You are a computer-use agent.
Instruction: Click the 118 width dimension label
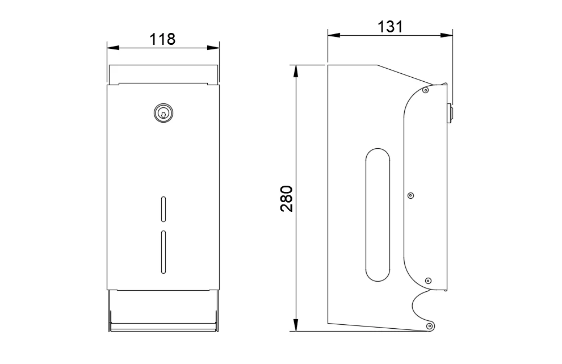click(162, 39)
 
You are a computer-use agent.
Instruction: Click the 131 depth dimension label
click(390, 27)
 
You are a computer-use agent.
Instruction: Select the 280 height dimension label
click(287, 199)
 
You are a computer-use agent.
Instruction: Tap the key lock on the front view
click(163, 114)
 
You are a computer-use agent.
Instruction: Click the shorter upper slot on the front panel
click(163, 209)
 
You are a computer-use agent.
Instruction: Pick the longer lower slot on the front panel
click(163, 252)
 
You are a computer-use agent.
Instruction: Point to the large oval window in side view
click(378, 215)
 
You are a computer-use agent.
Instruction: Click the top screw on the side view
click(425, 90)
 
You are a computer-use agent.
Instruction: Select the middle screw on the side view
click(411, 195)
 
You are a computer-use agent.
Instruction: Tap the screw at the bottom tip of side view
click(429, 326)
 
